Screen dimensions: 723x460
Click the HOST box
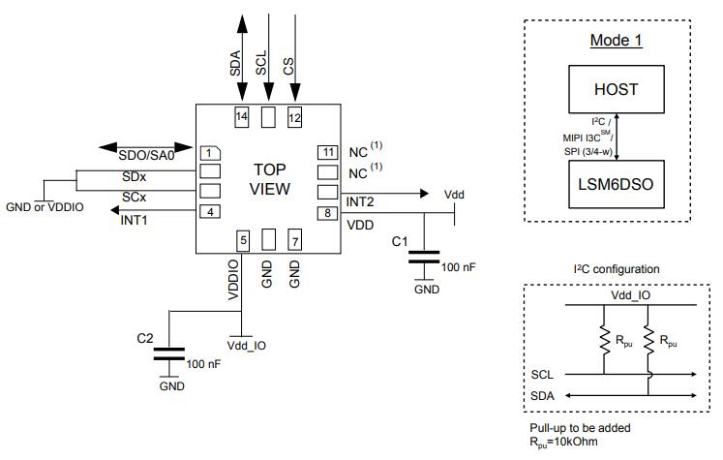616,89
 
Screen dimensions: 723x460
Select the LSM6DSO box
616,184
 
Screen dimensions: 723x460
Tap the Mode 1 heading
616,41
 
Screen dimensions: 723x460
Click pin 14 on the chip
242,117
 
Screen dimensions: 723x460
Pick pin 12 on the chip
294,117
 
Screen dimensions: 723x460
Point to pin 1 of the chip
210,153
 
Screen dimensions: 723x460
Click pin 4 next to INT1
210,212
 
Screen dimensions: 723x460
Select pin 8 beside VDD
327,213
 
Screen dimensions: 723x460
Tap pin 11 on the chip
328,152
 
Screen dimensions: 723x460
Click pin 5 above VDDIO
243,240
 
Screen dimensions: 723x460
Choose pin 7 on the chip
295,240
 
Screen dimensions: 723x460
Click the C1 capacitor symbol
424,257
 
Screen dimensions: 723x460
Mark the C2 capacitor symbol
169,353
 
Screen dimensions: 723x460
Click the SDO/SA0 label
146,156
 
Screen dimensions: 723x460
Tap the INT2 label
360,202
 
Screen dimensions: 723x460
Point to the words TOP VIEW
270,179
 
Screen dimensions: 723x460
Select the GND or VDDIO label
45,207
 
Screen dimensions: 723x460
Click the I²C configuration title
617,269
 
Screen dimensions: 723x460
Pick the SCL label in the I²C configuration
542,375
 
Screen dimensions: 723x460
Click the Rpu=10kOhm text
563,442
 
